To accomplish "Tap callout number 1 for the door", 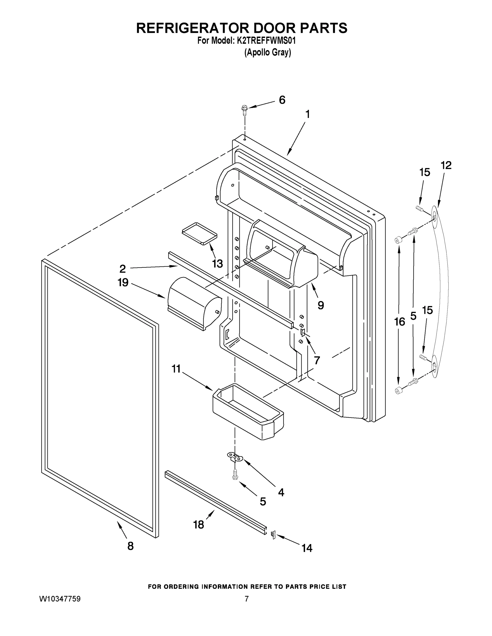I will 307,114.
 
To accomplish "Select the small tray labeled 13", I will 200,233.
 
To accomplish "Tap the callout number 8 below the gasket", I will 130,546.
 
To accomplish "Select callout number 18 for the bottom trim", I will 198,524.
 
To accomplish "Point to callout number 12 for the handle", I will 446,165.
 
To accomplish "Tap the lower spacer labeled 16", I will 398,391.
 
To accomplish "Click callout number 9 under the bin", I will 321,305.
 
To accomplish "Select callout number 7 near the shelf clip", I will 317,360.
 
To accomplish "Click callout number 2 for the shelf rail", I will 123,268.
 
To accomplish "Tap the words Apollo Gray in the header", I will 268,52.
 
